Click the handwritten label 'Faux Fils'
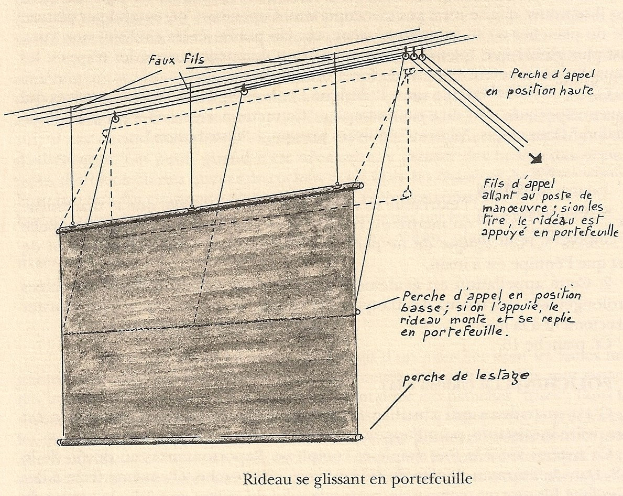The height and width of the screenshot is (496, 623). (x=177, y=60)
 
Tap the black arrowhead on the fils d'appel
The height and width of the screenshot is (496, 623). (x=536, y=158)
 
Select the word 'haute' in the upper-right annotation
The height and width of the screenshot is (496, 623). (x=577, y=90)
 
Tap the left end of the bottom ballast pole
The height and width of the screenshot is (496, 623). (x=60, y=442)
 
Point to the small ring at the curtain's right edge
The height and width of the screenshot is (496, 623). (x=357, y=312)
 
